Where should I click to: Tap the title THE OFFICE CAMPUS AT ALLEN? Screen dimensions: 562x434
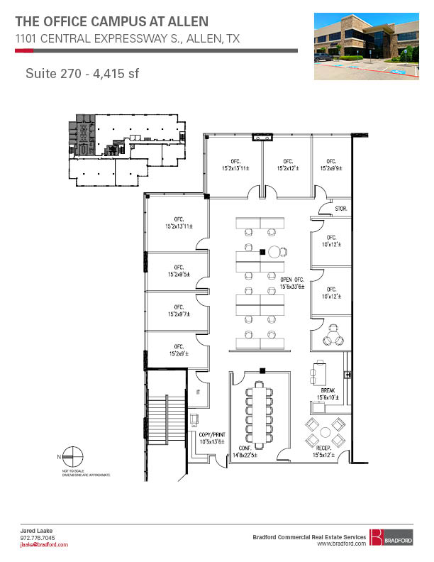click(x=112, y=21)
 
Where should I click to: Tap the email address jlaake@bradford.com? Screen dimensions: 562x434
click(x=43, y=544)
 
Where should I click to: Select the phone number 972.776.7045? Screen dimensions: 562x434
click(x=35, y=538)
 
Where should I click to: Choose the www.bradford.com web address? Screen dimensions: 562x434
click(x=341, y=544)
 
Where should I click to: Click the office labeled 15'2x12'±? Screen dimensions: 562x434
click(x=289, y=165)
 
